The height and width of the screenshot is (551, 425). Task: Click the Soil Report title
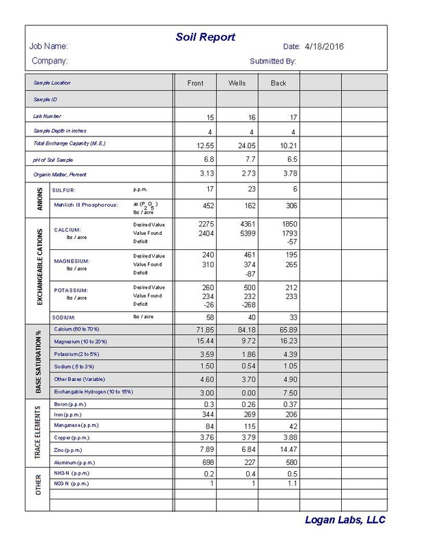click(x=205, y=37)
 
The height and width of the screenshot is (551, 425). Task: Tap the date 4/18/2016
click(x=323, y=47)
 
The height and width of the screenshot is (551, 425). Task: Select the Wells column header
click(x=237, y=83)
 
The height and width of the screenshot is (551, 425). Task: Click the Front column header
click(x=195, y=83)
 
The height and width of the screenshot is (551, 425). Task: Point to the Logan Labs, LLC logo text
click(x=345, y=521)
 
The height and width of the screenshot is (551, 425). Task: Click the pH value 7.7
click(x=248, y=159)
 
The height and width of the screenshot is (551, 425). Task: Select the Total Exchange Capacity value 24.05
click(x=246, y=145)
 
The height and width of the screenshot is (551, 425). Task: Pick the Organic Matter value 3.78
click(x=286, y=173)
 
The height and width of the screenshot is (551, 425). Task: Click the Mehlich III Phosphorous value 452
click(x=206, y=205)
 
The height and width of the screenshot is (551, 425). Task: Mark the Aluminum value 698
click(x=206, y=462)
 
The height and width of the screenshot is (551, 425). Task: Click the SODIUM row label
click(x=64, y=318)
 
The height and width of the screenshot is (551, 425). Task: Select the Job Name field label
click(x=48, y=47)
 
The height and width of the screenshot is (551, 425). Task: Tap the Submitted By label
click(x=272, y=61)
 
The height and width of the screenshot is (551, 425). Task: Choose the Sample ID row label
click(x=45, y=99)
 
